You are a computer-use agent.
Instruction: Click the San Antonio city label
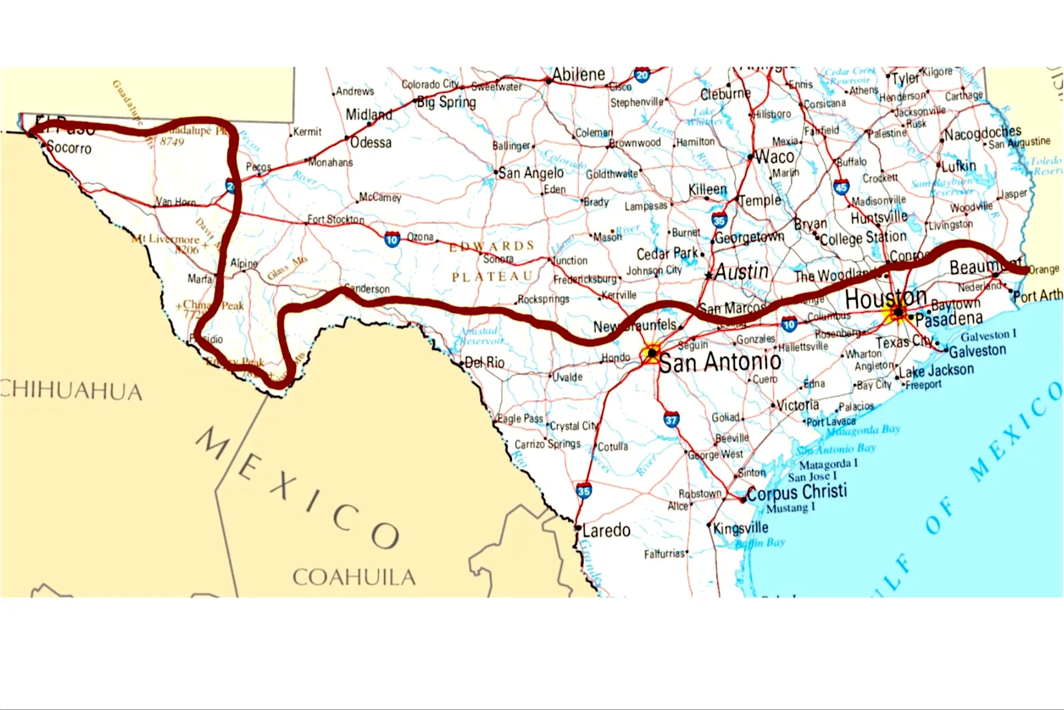pyautogui.click(x=720, y=363)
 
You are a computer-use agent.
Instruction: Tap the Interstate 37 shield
pyautogui.click(x=671, y=419)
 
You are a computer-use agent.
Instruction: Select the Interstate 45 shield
pyautogui.click(x=841, y=187)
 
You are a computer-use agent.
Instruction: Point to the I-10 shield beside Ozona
pyautogui.click(x=392, y=239)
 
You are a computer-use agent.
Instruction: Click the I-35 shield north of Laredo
pyautogui.click(x=584, y=491)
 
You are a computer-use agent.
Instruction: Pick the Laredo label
pyautogui.click(x=605, y=530)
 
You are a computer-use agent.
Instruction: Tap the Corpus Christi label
pyautogui.click(x=796, y=492)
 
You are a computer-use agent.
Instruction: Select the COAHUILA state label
pyautogui.click(x=354, y=577)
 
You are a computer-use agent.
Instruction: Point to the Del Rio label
pyautogui.click(x=484, y=363)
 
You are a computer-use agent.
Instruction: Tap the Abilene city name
pyautogui.click(x=578, y=75)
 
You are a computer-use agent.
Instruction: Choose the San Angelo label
pyautogui.click(x=531, y=173)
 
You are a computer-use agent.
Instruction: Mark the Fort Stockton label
pyautogui.click(x=335, y=219)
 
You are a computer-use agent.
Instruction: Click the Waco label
pyautogui.click(x=774, y=156)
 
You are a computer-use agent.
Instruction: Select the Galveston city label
pyautogui.click(x=977, y=351)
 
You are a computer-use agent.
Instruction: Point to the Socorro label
pyautogui.click(x=69, y=148)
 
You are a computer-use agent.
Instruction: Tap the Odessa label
pyautogui.click(x=371, y=143)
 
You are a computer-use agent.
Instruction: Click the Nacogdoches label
pyautogui.click(x=982, y=133)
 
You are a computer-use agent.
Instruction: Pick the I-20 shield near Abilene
pyautogui.click(x=642, y=75)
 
